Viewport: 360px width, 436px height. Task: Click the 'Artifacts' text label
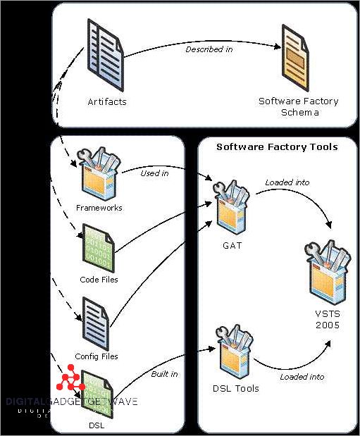point(108,101)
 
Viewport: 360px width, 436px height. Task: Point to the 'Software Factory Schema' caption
point(298,106)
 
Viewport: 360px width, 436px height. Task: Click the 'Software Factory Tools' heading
point(277,147)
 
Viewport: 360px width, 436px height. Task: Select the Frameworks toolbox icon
point(99,176)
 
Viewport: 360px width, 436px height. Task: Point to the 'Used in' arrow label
point(154,173)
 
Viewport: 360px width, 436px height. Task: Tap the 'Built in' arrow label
point(164,374)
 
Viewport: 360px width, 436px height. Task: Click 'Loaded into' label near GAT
point(287,182)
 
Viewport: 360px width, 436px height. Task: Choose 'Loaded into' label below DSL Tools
point(302,377)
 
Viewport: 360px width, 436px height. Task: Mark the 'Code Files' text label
point(99,280)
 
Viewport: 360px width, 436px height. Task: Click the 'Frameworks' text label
point(99,208)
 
